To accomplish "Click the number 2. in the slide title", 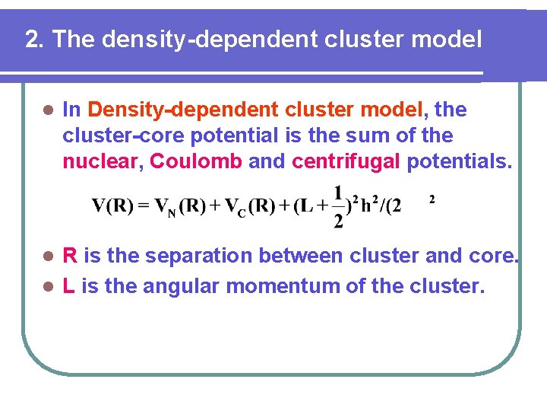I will click(34, 40).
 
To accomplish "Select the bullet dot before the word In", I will click(47, 110).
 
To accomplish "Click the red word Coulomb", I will click(196, 161).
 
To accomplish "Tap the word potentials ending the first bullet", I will click(460, 161).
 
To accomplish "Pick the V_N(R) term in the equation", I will click(178, 206).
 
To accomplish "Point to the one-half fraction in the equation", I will click(338, 206).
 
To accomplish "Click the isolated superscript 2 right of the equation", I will click(432, 199).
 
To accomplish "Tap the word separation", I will click(194, 256).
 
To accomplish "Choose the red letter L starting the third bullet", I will click(68, 286).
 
